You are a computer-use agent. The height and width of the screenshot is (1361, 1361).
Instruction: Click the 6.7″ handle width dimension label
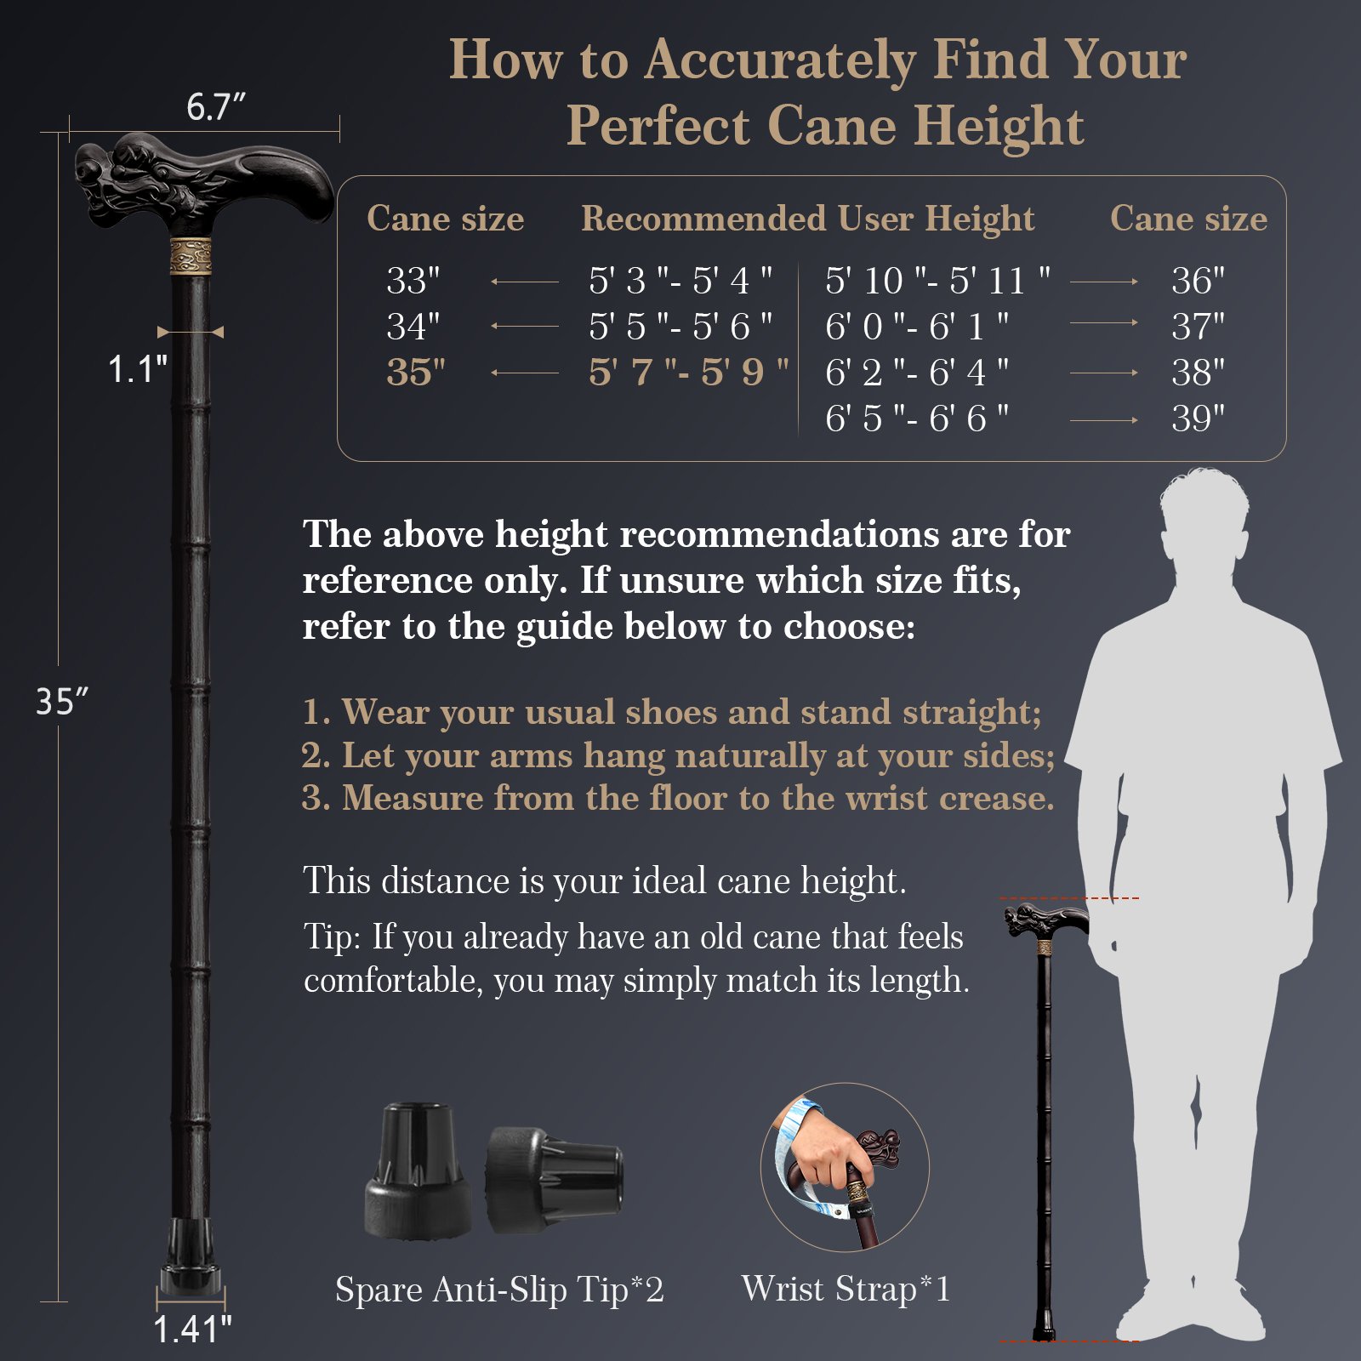(216, 107)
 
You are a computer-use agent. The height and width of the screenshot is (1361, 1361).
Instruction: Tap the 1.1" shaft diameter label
(137, 369)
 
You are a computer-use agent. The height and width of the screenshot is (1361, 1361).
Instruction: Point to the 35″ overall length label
(62, 702)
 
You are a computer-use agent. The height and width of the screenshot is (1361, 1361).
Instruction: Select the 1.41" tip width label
(192, 1329)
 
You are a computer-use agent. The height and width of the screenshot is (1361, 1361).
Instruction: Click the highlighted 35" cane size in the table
(415, 373)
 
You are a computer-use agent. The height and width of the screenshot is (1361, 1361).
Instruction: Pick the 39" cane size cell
(1198, 419)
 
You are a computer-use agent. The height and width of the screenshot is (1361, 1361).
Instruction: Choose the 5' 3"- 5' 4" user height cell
(680, 281)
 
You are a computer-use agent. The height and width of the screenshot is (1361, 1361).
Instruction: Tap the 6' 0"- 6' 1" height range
(917, 327)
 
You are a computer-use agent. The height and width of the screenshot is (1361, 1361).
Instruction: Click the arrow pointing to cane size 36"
(1104, 282)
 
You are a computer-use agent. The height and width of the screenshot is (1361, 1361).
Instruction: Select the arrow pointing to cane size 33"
(525, 282)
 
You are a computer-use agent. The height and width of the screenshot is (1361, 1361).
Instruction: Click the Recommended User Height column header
(808, 219)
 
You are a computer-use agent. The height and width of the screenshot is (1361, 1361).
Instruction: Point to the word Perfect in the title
(658, 126)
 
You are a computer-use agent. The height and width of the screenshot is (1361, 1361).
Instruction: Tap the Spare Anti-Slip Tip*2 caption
(499, 1290)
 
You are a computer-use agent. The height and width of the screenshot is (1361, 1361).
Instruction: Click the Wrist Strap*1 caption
(846, 1289)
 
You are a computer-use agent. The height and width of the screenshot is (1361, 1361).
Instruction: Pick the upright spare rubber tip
(417, 1170)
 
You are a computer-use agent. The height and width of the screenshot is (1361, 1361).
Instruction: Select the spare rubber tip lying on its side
(555, 1179)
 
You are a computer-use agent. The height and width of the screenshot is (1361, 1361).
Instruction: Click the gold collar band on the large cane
(191, 256)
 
